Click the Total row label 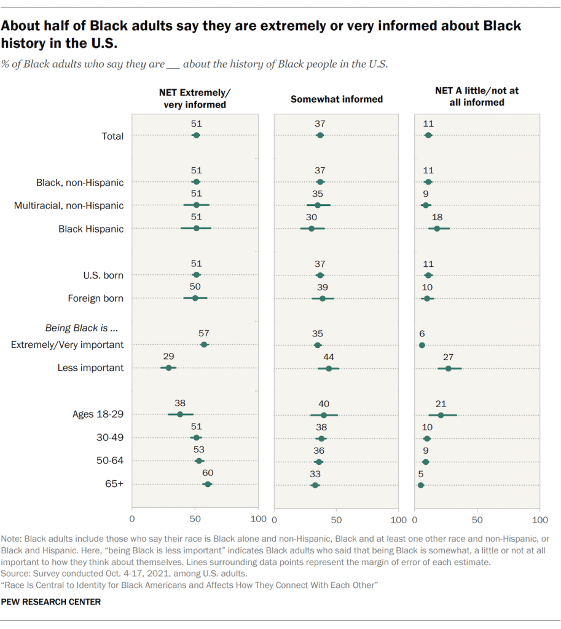point(112,136)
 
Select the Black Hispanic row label point(91,229)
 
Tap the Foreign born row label point(96,298)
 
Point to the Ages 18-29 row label point(98,414)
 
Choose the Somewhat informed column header point(336,99)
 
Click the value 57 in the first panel point(204,333)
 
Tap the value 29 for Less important point(167,357)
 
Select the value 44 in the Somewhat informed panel point(329,357)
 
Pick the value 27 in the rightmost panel point(449,357)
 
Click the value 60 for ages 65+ point(208,473)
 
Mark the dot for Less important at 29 point(168,368)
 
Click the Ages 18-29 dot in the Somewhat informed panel point(324,414)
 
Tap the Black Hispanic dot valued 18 point(437,228)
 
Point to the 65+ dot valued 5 point(421,485)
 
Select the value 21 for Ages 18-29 point(441,403)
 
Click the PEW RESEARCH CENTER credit point(52,602)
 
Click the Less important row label point(90,368)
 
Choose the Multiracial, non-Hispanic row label point(69,205)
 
